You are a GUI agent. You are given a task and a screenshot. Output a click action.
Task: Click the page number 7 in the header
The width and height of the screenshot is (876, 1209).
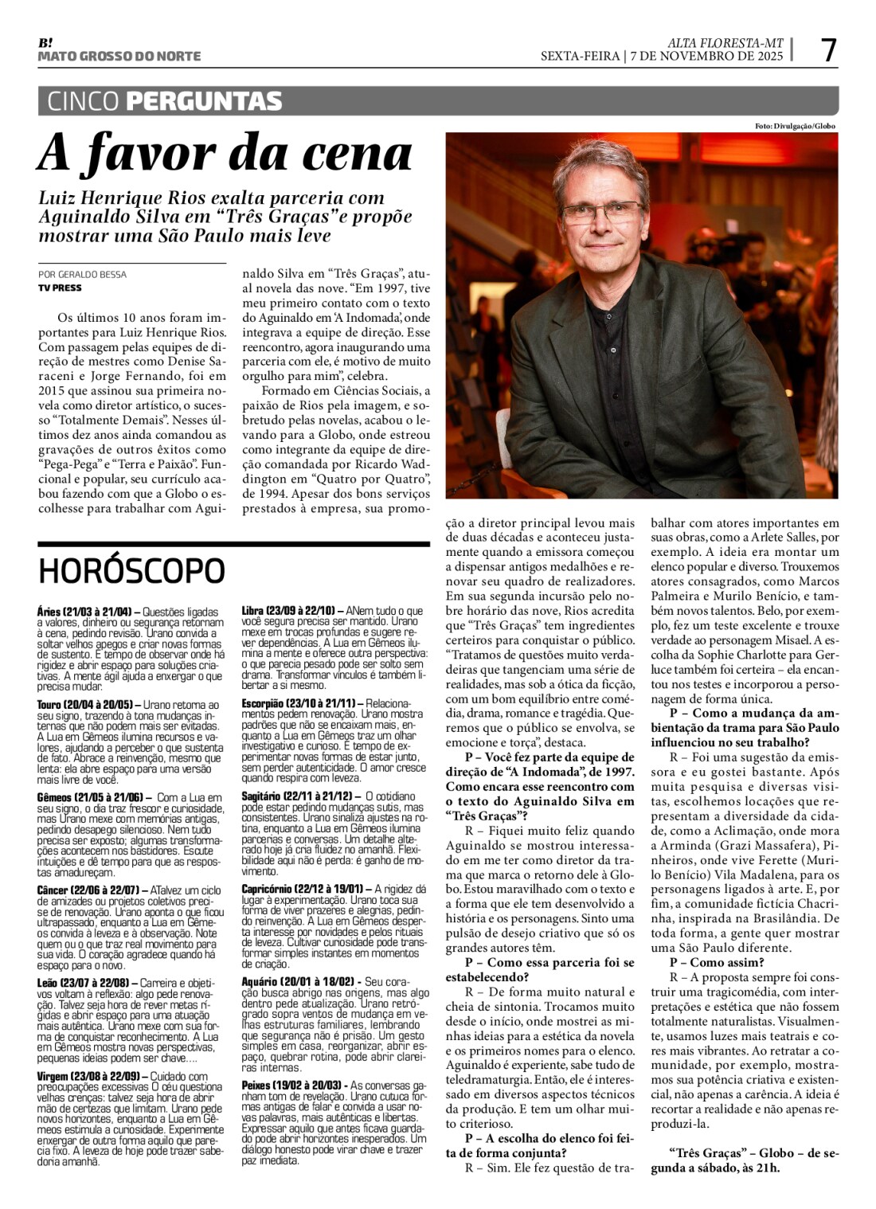point(829,50)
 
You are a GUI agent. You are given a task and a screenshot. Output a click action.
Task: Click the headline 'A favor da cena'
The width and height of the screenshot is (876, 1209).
point(225,155)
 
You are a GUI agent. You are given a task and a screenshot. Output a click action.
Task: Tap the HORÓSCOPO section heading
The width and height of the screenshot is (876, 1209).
point(131,570)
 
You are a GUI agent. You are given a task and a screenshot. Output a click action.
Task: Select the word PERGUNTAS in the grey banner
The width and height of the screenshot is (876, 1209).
point(204,101)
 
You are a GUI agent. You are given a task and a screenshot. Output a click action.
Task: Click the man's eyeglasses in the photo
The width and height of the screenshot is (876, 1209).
point(602,212)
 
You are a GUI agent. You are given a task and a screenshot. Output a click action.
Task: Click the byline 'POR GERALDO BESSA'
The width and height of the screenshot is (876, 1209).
point(82,275)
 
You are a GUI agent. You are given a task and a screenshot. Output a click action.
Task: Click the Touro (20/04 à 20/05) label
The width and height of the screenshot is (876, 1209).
point(87,705)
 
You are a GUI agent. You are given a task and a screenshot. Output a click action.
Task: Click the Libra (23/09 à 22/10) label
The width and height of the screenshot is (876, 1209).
point(288,610)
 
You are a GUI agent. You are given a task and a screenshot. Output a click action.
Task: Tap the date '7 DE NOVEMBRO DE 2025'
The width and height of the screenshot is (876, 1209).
point(706,56)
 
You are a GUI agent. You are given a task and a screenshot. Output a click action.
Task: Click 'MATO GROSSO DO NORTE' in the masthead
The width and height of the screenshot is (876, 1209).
point(119,56)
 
